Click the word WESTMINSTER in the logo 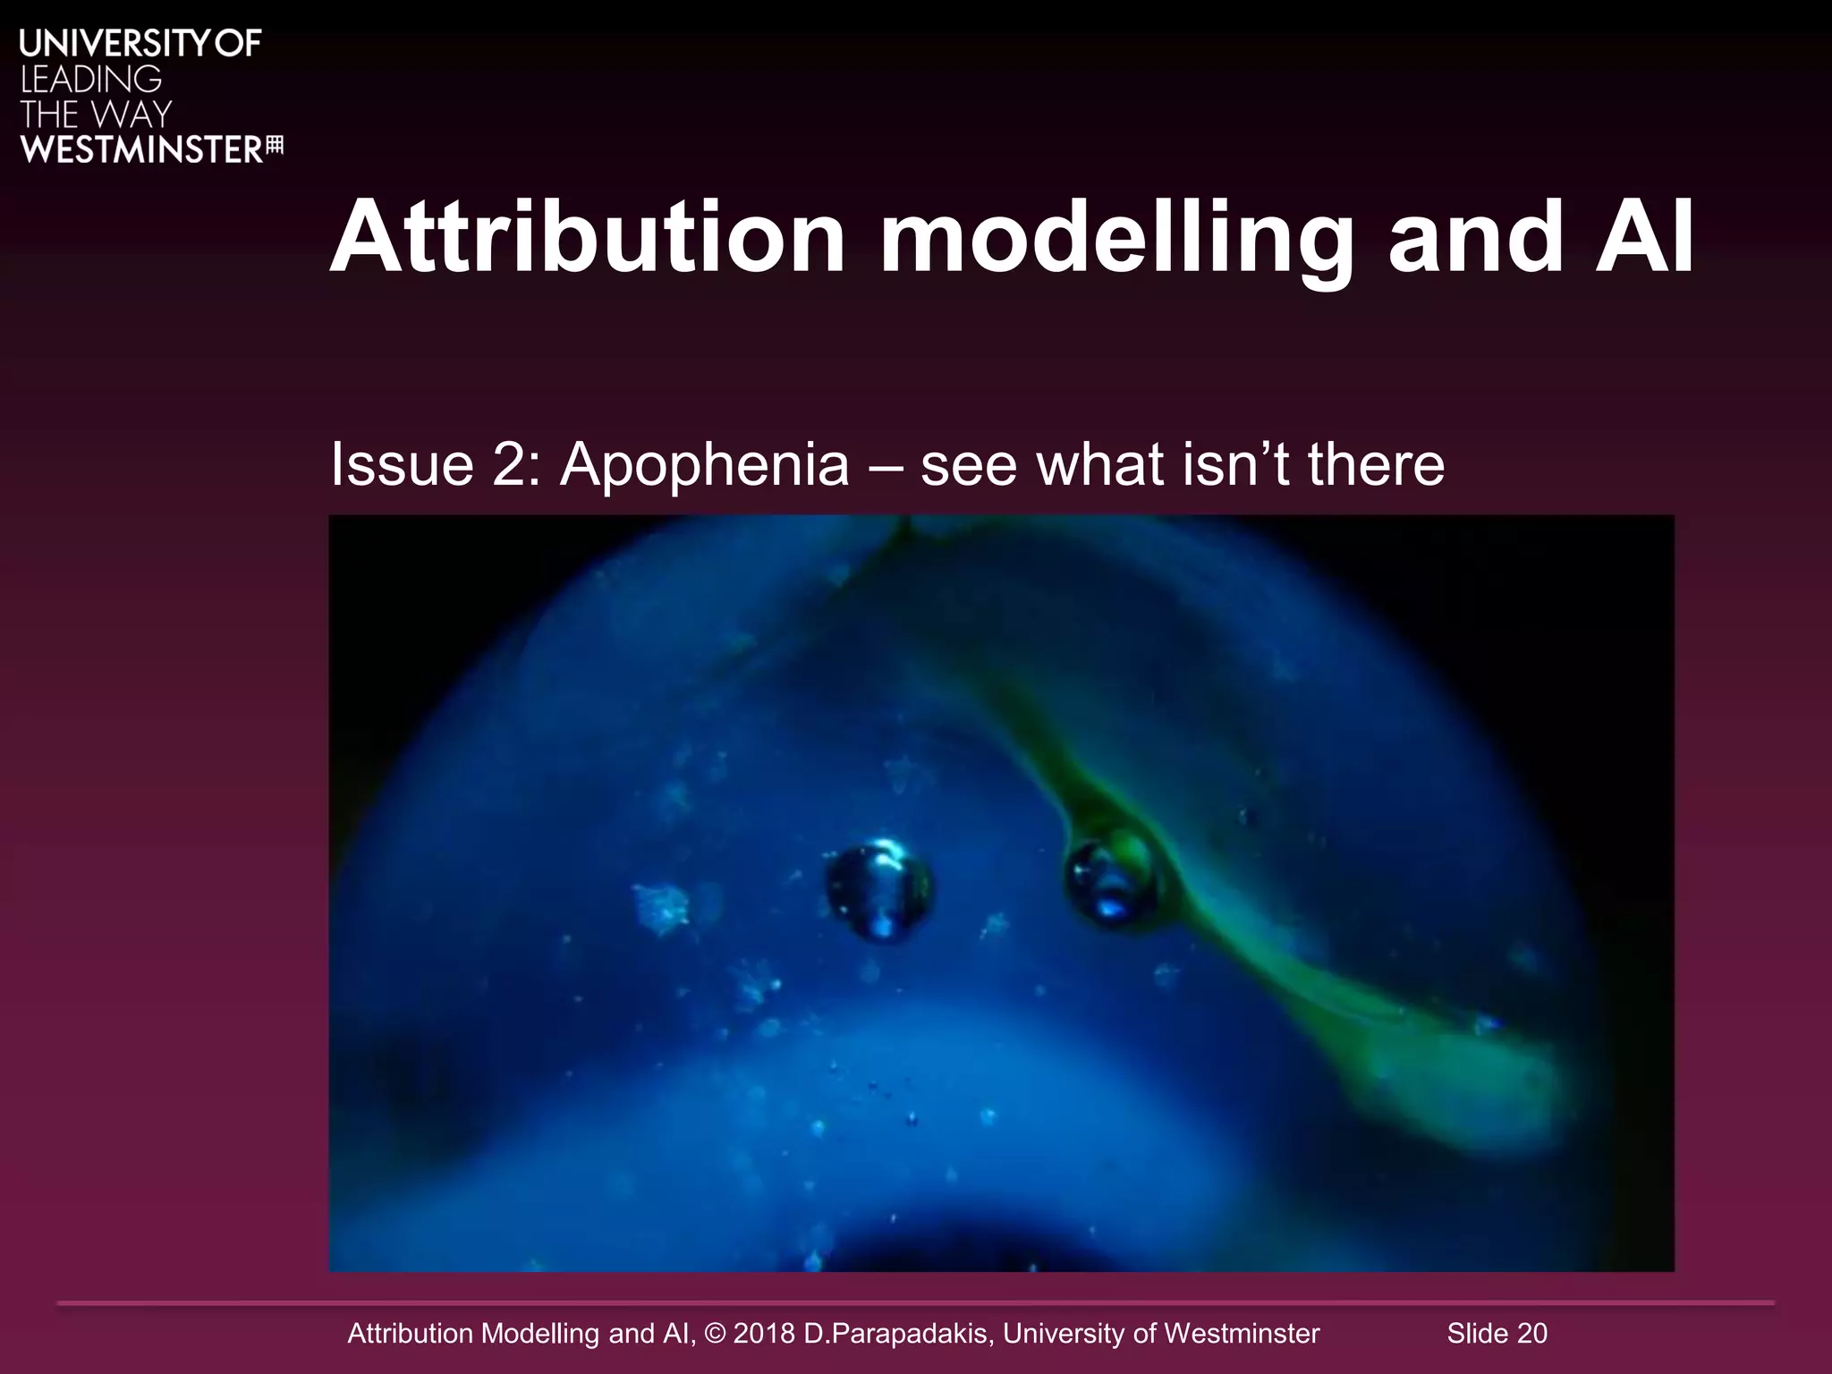point(140,149)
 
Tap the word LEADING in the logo point(90,80)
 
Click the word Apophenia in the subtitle point(704,464)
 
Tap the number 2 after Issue point(511,464)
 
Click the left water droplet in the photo point(878,892)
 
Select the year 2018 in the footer point(764,1334)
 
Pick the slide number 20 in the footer point(1531,1334)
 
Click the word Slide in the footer point(1478,1334)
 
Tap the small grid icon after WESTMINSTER point(275,147)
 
